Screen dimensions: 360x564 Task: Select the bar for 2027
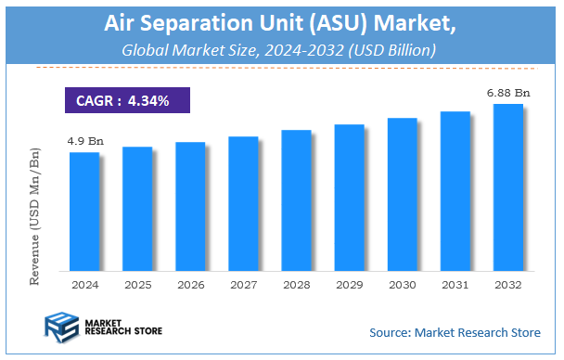[x=242, y=203]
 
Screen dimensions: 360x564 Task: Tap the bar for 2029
[x=349, y=197]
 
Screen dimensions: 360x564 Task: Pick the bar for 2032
[x=507, y=186]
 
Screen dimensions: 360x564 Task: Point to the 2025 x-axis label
[x=136, y=284]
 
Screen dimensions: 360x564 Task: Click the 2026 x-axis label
[x=189, y=284]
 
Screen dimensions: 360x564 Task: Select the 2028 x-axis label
[x=296, y=284]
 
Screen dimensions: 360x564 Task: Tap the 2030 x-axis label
[x=402, y=284]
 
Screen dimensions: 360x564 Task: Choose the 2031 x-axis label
[x=455, y=284]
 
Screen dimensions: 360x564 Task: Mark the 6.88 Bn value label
[x=508, y=93]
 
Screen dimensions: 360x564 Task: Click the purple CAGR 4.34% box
[x=127, y=100]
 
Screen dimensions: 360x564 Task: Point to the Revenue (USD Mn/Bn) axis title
[x=35, y=214]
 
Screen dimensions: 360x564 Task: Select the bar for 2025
[x=136, y=208]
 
